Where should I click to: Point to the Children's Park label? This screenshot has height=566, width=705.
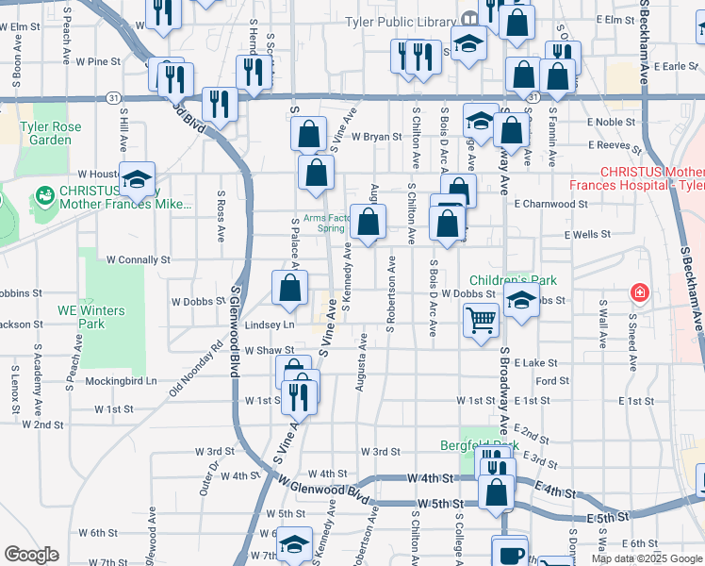(x=514, y=280)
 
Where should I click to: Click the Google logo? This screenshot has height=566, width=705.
(x=31, y=554)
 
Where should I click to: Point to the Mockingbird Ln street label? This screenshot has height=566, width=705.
(x=121, y=381)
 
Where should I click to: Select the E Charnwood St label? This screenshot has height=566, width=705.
(x=550, y=203)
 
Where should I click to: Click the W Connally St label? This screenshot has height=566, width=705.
(x=138, y=258)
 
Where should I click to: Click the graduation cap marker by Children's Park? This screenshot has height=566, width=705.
(x=519, y=301)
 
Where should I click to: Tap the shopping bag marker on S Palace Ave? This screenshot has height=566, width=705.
(x=290, y=288)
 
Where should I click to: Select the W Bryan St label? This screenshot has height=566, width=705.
(x=377, y=137)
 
